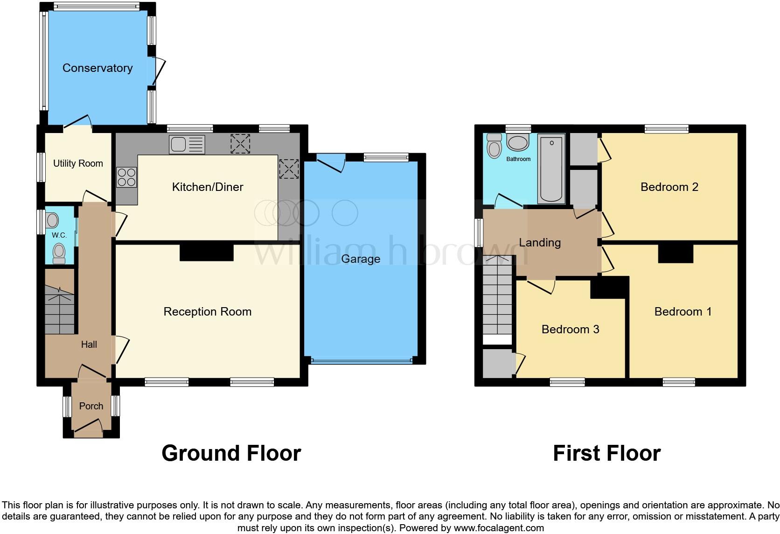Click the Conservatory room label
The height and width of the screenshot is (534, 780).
(97, 68)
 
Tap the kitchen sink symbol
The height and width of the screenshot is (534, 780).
(187, 145)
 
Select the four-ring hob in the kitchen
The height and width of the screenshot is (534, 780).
(126, 177)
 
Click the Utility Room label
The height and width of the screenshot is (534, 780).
(78, 163)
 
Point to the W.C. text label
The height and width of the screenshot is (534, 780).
(59, 235)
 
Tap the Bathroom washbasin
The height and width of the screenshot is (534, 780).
(517, 142)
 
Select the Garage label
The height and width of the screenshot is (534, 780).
(361, 259)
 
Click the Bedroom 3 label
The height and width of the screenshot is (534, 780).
(570, 330)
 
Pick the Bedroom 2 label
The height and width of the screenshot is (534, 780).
(669, 187)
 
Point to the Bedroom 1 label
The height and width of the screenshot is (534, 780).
(683, 312)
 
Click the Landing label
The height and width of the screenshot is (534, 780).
(540, 243)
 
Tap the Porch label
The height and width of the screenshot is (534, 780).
(91, 406)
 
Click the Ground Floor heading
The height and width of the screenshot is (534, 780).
(231, 453)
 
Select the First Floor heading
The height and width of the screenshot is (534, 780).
(606, 453)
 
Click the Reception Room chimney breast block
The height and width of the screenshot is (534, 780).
(206, 253)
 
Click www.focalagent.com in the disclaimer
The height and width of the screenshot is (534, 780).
(499, 528)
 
